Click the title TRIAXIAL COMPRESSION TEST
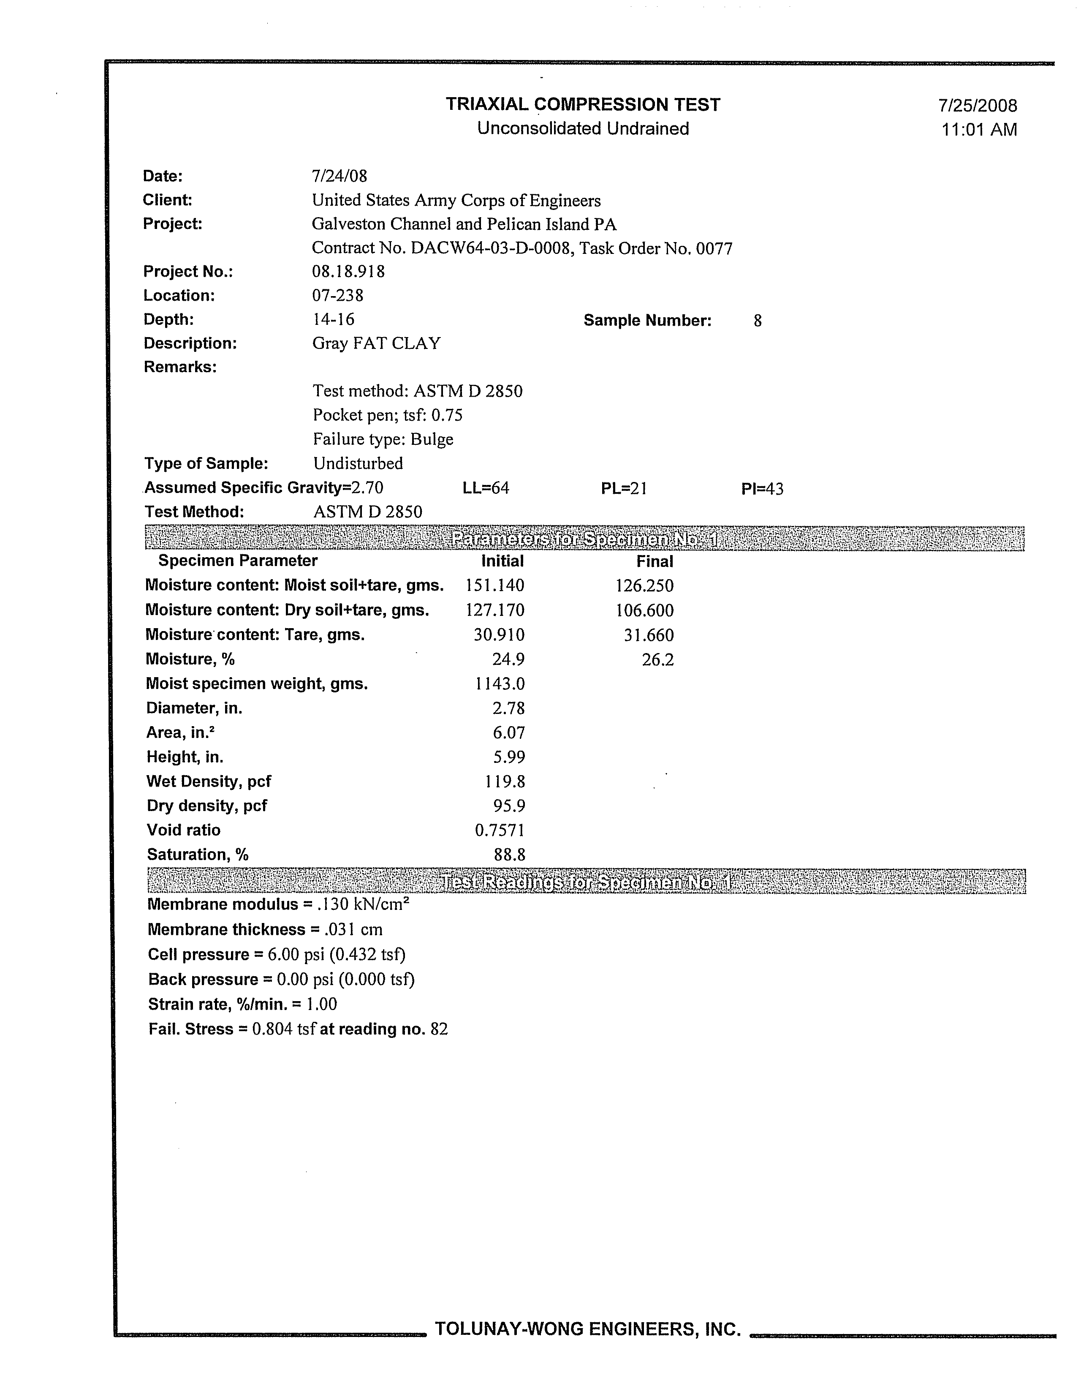point(583,105)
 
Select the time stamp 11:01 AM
point(979,130)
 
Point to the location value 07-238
point(337,296)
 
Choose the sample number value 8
point(758,321)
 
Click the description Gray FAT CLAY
point(376,343)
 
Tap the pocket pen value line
point(387,416)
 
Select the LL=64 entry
point(486,488)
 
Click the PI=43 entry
point(762,489)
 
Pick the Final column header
point(655,562)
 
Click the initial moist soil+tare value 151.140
point(494,585)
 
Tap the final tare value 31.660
point(648,635)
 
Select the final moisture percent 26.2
point(657,659)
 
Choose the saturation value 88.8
point(509,855)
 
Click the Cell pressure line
point(276,954)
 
